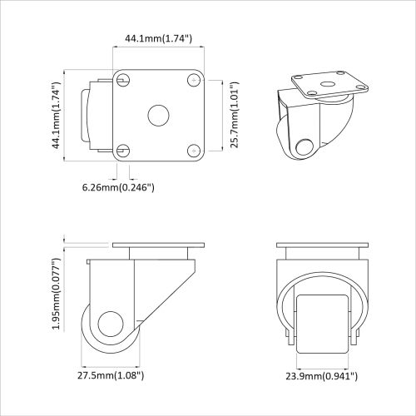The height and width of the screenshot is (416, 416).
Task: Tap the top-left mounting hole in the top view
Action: point(123,80)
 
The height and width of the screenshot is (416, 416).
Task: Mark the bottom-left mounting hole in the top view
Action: point(123,150)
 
